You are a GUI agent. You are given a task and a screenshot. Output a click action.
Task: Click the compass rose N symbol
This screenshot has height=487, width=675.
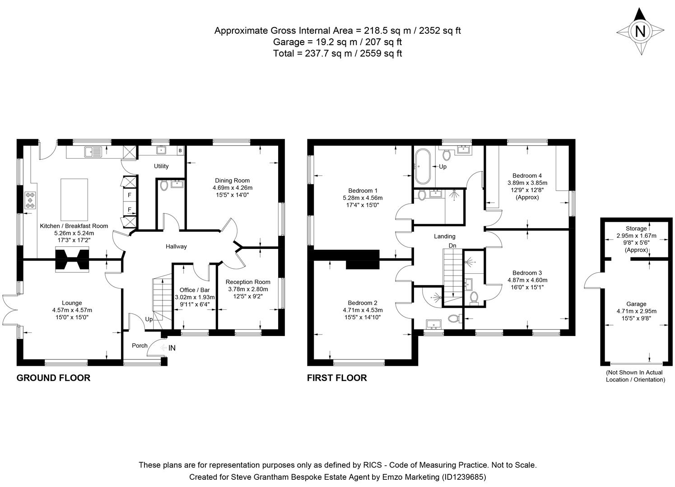click(640, 32)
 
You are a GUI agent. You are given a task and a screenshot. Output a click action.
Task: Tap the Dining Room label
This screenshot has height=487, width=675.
click(232, 180)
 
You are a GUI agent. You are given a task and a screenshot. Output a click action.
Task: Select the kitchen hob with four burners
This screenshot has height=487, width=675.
click(31, 200)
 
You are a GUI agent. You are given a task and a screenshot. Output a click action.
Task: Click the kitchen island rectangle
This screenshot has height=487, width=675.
click(75, 198)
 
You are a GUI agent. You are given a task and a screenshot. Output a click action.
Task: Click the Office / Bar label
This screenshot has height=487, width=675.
click(195, 290)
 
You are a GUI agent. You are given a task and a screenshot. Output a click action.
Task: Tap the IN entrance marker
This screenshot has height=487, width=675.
click(172, 348)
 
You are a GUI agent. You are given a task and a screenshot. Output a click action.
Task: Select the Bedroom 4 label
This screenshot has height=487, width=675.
click(527, 176)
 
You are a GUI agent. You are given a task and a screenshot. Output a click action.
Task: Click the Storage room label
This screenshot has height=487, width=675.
click(636, 229)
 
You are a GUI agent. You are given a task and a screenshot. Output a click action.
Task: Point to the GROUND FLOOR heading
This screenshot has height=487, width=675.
click(53, 378)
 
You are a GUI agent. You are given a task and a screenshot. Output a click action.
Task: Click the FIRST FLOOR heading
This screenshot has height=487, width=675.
click(337, 378)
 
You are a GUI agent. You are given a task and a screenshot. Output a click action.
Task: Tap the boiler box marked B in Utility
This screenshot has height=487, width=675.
click(180, 150)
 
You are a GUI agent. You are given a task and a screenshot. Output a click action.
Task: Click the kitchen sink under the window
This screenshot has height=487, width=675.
click(93, 152)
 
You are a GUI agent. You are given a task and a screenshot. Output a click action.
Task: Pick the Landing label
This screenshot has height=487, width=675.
click(445, 236)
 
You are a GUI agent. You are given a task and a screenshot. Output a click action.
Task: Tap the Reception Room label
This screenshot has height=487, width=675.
click(248, 282)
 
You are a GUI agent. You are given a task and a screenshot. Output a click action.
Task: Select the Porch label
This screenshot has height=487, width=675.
click(140, 345)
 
